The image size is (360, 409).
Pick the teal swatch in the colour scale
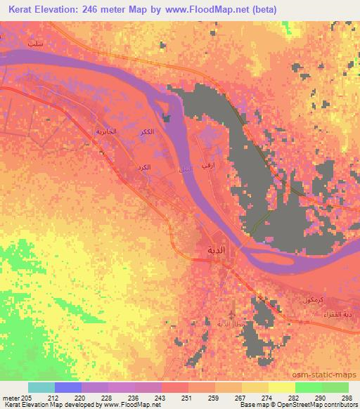[41, 387]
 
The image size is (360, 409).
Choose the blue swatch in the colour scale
[68, 387]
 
